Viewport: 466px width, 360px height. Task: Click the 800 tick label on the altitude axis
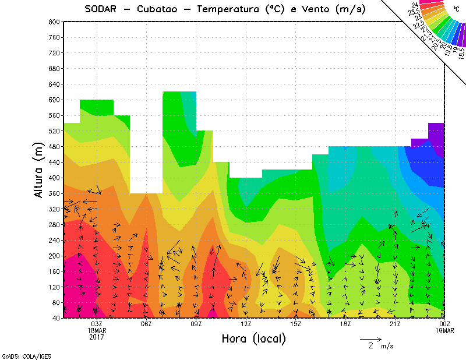click(54, 22)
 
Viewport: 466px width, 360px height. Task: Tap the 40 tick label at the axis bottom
click(55, 318)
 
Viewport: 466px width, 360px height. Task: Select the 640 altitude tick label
click(54, 84)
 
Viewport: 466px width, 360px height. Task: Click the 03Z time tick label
click(97, 324)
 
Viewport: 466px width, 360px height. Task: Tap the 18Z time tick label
click(345, 324)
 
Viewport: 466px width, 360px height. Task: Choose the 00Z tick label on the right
click(445, 324)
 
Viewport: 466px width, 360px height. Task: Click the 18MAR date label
click(97, 330)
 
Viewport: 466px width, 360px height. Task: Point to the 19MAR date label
click(445, 330)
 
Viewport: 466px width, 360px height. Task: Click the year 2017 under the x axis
click(97, 337)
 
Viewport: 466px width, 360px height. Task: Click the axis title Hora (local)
click(253, 338)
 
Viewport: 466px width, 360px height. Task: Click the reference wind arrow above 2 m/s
click(370, 338)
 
